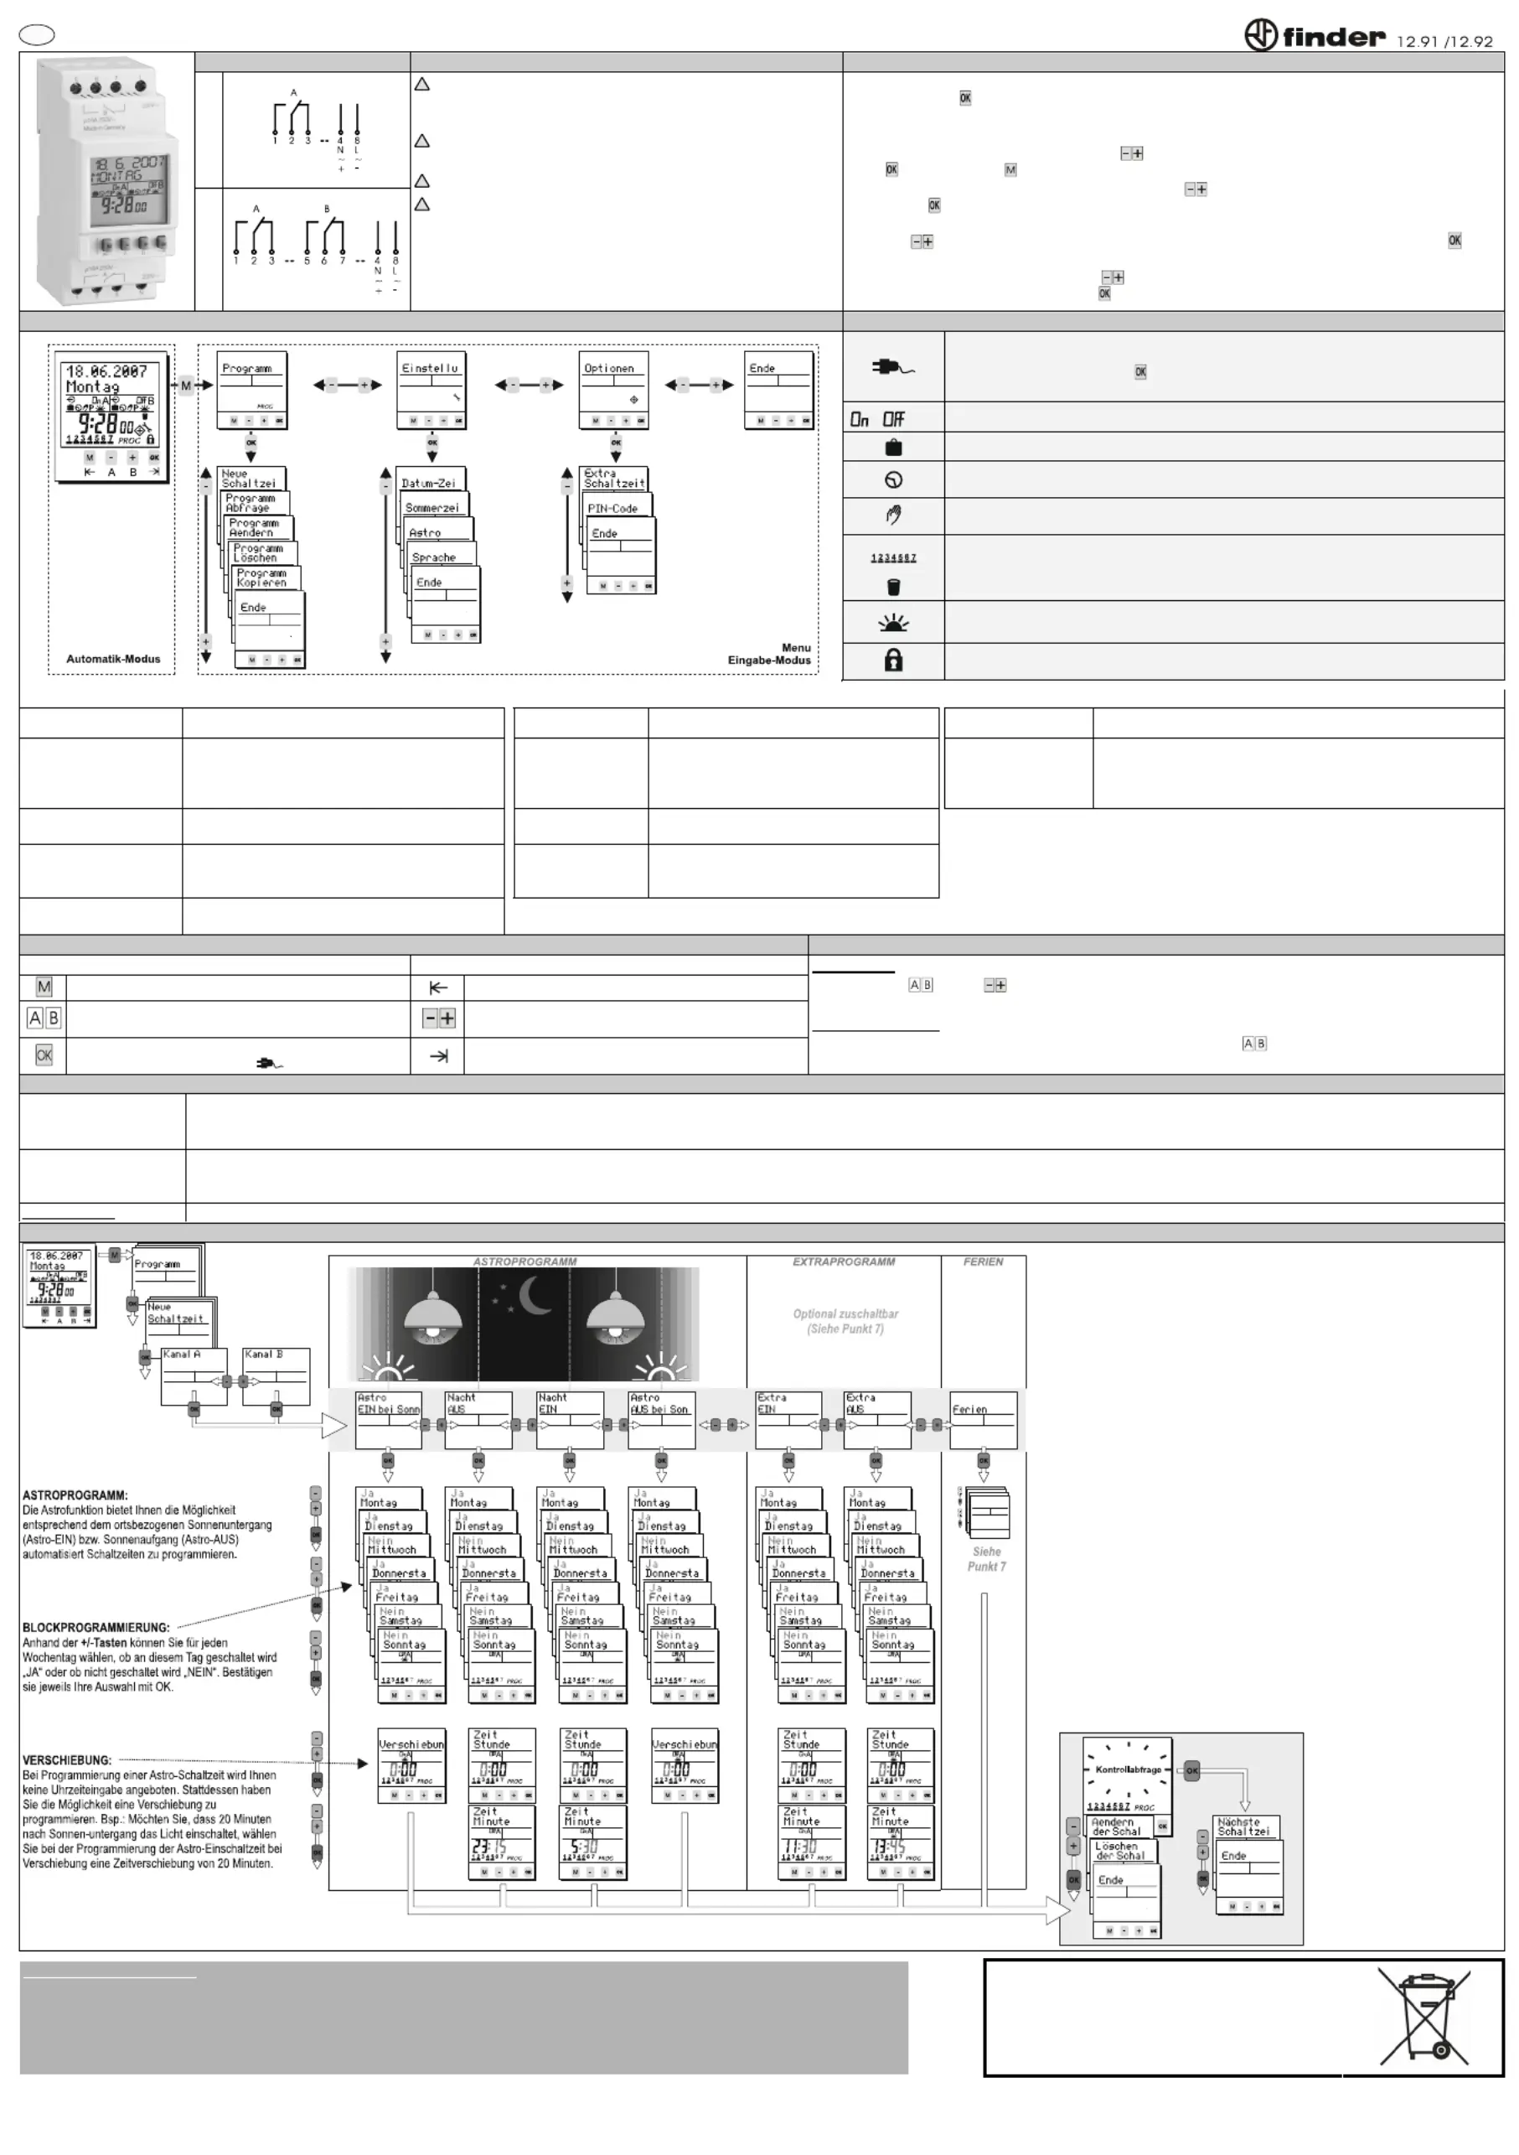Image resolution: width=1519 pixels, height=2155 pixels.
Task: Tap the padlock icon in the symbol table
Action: coord(893,660)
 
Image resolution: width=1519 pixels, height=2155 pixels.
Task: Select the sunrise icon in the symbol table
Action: coord(893,622)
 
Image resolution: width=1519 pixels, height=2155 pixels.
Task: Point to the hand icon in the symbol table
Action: coord(893,515)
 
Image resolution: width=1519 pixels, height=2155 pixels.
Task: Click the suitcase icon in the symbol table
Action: coord(893,447)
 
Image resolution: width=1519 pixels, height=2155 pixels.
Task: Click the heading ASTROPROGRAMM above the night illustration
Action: coord(524,1261)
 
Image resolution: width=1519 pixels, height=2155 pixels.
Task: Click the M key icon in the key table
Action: coord(44,987)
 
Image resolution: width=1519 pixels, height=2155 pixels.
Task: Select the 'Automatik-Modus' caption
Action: coord(112,659)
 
